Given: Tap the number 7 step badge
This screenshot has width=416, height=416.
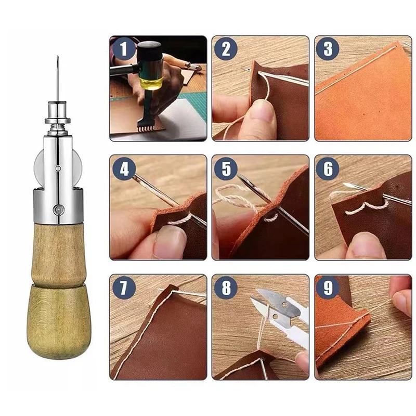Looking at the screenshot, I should pyautogui.click(x=123, y=288).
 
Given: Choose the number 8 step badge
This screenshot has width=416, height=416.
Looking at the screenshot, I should pyautogui.click(x=225, y=288).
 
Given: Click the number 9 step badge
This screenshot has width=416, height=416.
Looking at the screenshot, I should pyautogui.click(x=328, y=288).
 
